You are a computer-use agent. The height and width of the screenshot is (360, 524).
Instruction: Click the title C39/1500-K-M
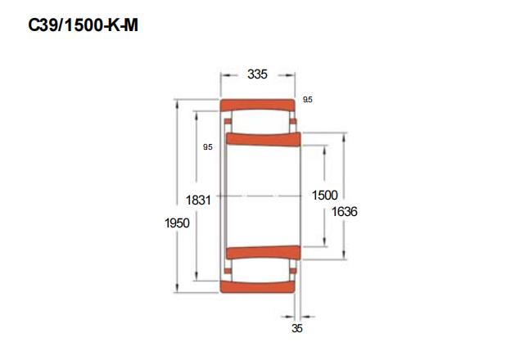coord(83,25)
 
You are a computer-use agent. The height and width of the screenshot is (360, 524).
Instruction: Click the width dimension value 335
coord(257,74)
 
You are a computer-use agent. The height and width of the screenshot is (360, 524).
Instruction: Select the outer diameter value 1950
coord(177,223)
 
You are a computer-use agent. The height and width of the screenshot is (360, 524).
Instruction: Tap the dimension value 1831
coord(198,200)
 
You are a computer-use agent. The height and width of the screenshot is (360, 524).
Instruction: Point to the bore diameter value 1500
coord(324,195)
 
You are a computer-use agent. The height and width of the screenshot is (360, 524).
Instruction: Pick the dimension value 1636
coord(344,211)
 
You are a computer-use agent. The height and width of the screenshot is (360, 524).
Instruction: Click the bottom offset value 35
coord(296,328)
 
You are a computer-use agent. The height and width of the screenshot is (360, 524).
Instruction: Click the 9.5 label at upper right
coord(308,100)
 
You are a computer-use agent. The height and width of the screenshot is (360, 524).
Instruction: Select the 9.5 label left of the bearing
coord(207,147)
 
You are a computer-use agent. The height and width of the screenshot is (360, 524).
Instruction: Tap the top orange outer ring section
coord(257,105)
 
